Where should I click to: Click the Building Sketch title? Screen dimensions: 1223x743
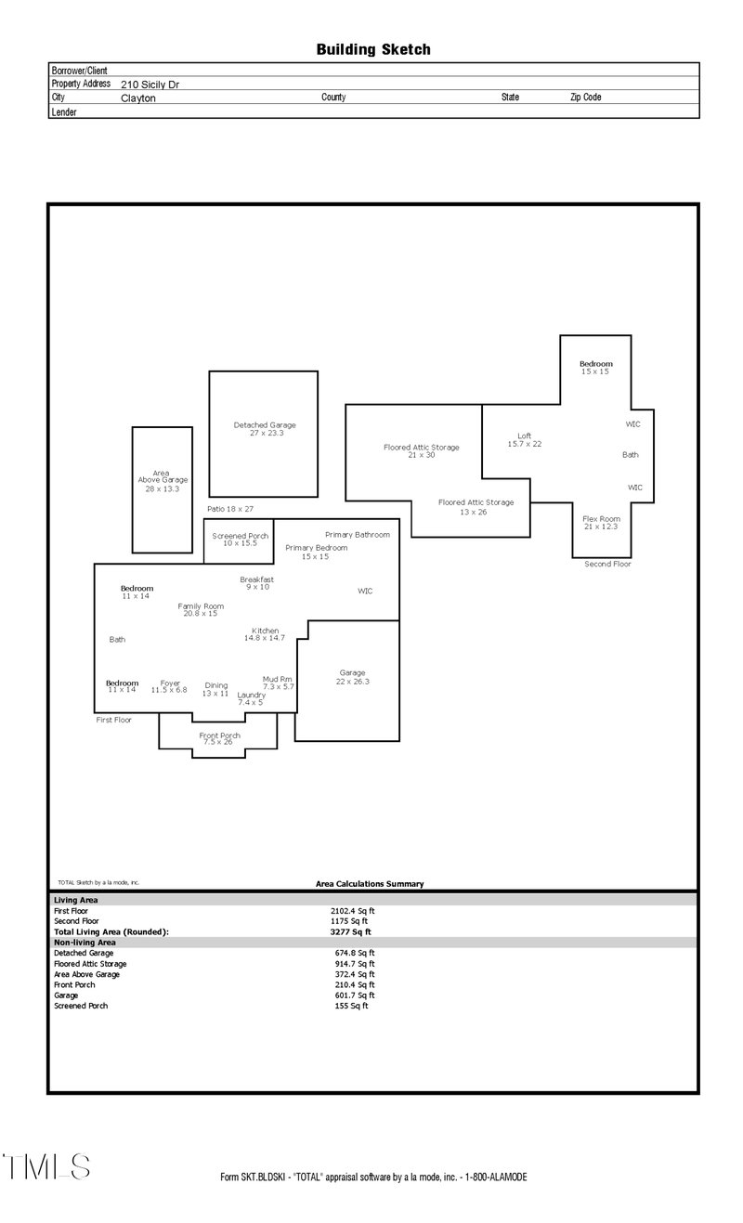pos(372,49)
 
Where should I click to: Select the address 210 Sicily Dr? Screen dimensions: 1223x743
pos(150,84)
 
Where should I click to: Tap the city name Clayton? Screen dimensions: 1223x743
pos(138,98)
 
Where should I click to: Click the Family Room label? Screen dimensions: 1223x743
pos(201,609)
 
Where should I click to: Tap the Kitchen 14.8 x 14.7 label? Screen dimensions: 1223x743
pos(265,634)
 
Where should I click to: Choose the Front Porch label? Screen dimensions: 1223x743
pos(220,738)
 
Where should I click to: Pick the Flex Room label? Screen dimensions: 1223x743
pos(601,522)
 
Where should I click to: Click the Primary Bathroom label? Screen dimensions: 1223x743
pos(358,535)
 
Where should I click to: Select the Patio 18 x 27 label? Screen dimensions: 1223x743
pos(230,509)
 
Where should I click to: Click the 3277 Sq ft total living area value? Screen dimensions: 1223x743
pos(350,931)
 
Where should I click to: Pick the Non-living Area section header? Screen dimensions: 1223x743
pos(85,942)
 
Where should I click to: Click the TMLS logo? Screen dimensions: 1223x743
pos(46,1167)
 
